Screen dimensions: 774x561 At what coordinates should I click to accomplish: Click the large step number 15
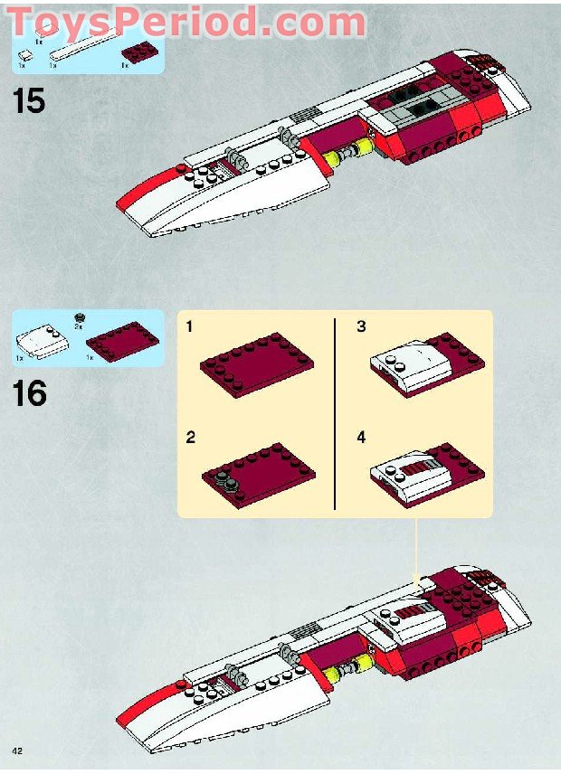click(x=29, y=100)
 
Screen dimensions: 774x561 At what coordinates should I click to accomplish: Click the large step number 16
click(x=30, y=393)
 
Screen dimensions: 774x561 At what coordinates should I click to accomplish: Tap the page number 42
click(x=17, y=751)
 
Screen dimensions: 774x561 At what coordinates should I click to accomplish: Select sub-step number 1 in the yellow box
click(x=190, y=326)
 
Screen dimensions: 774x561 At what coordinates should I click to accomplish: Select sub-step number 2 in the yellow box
click(x=191, y=438)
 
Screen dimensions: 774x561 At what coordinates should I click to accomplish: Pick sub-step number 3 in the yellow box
click(x=361, y=326)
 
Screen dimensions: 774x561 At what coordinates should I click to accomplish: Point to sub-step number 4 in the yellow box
click(x=361, y=438)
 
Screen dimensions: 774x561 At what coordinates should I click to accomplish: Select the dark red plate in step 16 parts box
click(x=121, y=341)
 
